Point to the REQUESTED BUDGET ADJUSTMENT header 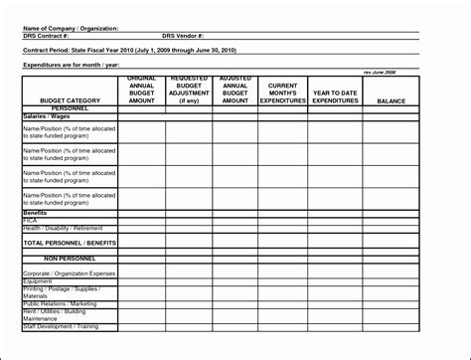click(x=189, y=90)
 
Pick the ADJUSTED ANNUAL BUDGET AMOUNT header click(x=235, y=90)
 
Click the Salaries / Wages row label click(x=46, y=116)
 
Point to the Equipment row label click(x=37, y=280)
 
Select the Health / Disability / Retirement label click(x=63, y=228)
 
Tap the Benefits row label click(x=36, y=213)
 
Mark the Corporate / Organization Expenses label click(x=68, y=271)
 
